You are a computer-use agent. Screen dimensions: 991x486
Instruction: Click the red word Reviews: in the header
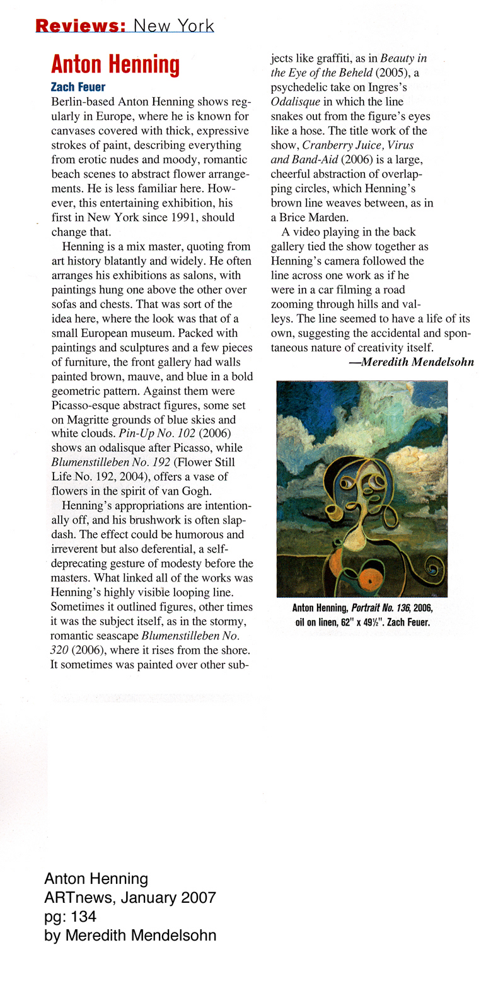(81, 26)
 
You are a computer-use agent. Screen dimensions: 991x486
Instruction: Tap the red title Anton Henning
(115, 65)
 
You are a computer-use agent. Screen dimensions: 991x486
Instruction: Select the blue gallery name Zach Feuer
(78, 87)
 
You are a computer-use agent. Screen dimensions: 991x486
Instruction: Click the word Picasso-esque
(85, 405)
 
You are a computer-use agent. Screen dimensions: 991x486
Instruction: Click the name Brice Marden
(314, 217)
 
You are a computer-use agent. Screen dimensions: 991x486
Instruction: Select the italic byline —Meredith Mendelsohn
(410, 362)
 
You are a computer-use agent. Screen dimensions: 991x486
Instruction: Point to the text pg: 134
(71, 917)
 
